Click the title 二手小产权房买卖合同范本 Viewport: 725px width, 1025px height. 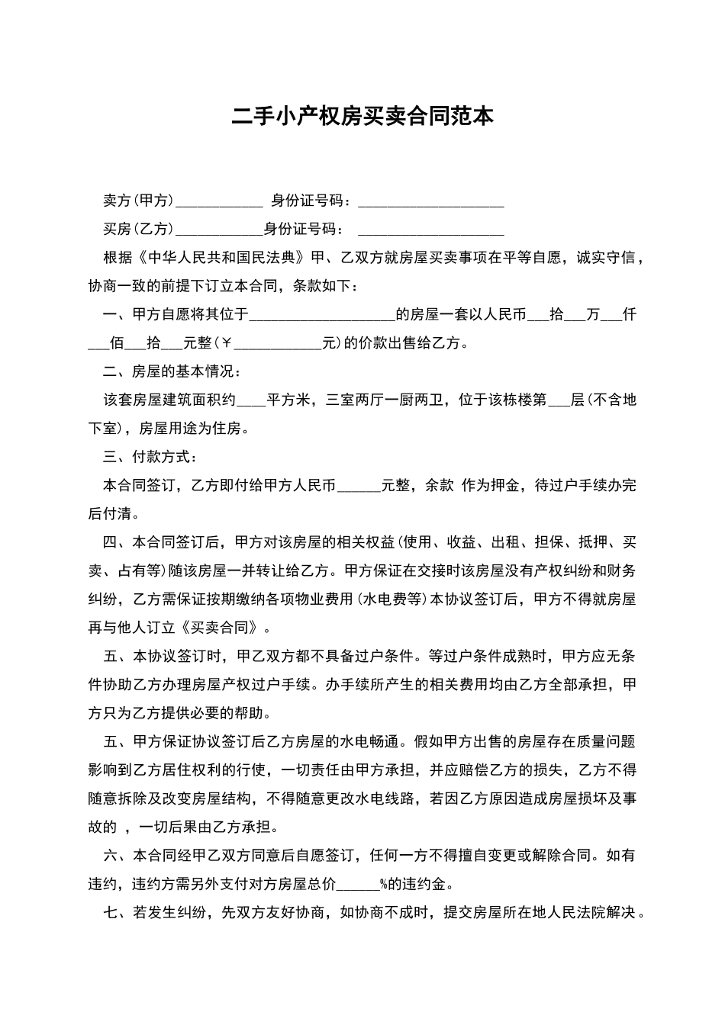pos(362,116)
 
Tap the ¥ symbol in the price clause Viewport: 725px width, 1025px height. pos(227,343)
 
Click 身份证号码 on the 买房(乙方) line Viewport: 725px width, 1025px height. pos(300,229)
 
